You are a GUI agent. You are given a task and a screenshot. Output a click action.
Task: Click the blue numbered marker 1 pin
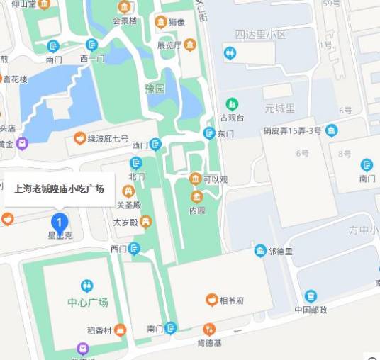60,220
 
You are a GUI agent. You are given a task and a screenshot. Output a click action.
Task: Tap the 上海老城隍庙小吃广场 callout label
60,189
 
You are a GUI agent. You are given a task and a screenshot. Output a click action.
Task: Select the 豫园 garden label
155,89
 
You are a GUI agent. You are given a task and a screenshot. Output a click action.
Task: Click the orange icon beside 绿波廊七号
79,137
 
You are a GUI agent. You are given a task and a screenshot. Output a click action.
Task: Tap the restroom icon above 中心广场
86,285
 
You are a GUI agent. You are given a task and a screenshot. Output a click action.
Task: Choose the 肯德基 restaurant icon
209,330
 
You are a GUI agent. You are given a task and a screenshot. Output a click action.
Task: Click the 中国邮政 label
311,310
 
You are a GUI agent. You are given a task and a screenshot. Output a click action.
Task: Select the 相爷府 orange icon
211,300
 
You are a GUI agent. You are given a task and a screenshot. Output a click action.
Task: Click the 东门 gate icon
209,133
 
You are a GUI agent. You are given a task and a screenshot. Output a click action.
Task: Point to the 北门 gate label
137,176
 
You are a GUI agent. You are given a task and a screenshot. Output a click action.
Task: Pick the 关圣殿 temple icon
128,191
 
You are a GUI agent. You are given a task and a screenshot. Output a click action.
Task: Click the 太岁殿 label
125,222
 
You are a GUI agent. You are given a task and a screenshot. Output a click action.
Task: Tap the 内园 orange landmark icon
197,196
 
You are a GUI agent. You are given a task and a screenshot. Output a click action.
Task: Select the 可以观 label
216,179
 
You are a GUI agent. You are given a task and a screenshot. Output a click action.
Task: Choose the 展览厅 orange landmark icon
190,45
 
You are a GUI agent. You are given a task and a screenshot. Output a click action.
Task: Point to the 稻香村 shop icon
121,330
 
